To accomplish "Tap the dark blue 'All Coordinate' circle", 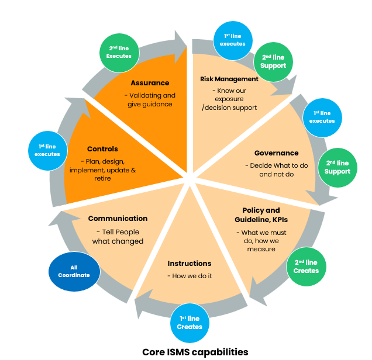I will click(x=74, y=271).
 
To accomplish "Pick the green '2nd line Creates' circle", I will click(x=306, y=266).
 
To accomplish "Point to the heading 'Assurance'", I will click(x=150, y=83).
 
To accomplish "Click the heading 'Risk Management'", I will click(x=229, y=79).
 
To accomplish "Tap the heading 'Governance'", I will click(x=276, y=153).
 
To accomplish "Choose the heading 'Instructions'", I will click(x=189, y=264).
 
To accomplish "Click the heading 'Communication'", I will click(x=118, y=219).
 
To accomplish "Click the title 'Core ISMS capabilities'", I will click(x=195, y=352).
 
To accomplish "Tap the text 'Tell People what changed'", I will click(x=118, y=236).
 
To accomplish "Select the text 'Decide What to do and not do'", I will click(x=276, y=170).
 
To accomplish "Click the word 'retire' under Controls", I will click(x=102, y=178).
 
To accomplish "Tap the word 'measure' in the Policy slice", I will click(x=261, y=249).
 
